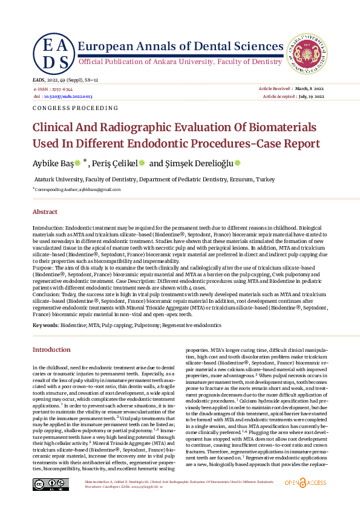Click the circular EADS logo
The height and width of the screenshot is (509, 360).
[x=54, y=53]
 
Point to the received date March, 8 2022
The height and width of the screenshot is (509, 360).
[x=310, y=89]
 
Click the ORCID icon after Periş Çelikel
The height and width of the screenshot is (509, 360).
[x=142, y=163]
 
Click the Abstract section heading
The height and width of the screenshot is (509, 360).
[x=45, y=212]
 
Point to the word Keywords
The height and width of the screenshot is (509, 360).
[x=45, y=325]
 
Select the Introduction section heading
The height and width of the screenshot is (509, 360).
[x=51, y=349]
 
